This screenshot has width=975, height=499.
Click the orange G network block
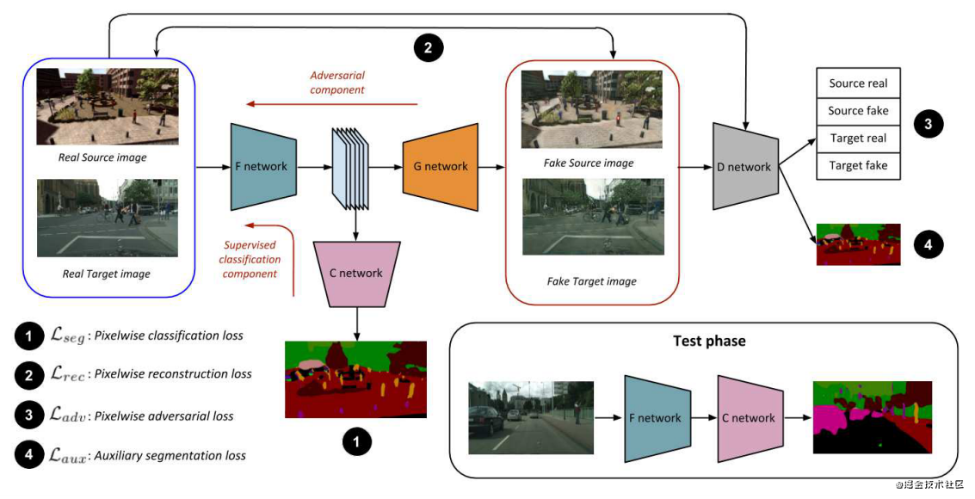[440, 166]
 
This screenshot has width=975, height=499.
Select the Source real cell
[858, 83]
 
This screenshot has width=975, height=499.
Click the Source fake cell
[858, 111]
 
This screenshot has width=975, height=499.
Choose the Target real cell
[858, 139]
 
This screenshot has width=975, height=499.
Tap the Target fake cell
[858, 165]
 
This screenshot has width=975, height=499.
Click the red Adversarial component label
[337, 83]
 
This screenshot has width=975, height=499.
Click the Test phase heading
[709, 341]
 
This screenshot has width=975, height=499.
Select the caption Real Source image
[102, 157]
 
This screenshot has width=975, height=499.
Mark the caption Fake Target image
[591, 281]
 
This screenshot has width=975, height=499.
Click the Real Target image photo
[108, 218]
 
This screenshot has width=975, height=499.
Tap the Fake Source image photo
[592, 109]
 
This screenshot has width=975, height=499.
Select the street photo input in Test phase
[531, 417]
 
